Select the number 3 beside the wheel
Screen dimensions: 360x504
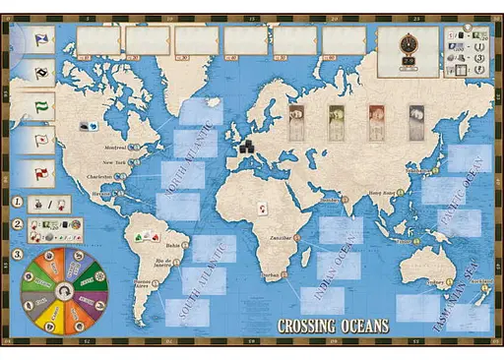(17, 254)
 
